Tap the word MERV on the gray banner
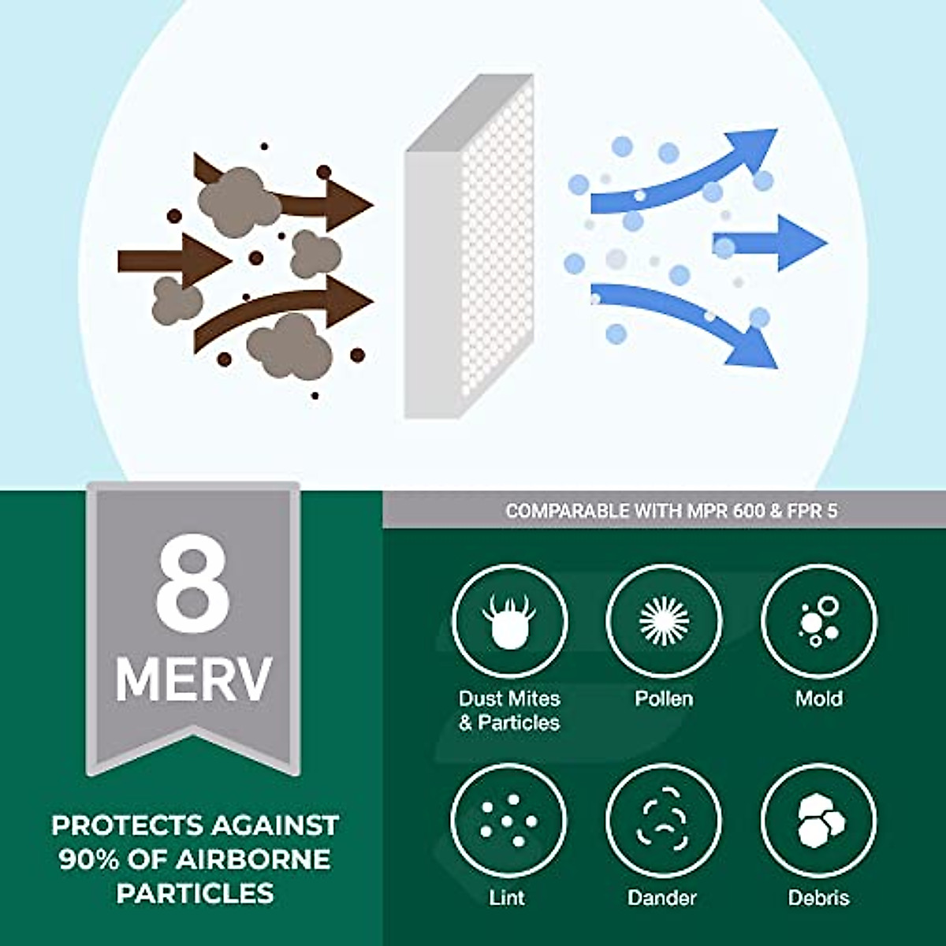coord(193,679)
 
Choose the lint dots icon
coord(508,821)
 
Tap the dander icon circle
coord(664,821)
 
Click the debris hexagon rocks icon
coord(819,821)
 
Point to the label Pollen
coord(664,698)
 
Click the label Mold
coord(819,698)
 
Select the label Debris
coord(819,897)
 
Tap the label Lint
coord(507,897)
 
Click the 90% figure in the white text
coord(87,859)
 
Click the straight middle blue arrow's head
coord(800,242)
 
